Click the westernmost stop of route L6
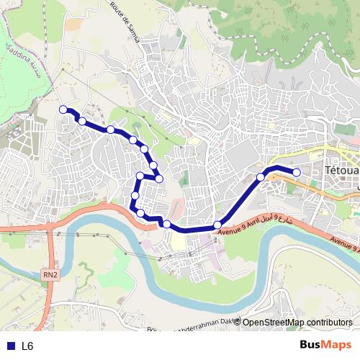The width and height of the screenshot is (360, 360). pyautogui.click(x=63, y=109)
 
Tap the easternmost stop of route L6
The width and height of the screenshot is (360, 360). pyautogui.click(x=296, y=171)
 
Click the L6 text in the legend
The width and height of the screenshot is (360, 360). pyautogui.click(x=27, y=346)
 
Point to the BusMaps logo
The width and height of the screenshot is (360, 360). pyautogui.click(x=325, y=346)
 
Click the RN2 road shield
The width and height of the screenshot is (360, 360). pyautogui.click(x=48, y=274)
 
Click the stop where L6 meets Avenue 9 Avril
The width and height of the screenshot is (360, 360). pyautogui.click(x=217, y=225)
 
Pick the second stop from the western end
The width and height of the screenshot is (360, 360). pyautogui.click(x=83, y=121)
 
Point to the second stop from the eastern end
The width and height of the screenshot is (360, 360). pyautogui.click(x=261, y=176)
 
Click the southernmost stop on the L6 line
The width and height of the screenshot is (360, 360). pyautogui.click(x=167, y=225)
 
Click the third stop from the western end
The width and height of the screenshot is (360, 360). pyautogui.click(x=111, y=130)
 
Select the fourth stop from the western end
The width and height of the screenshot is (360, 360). pyautogui.click(x=133, y=140)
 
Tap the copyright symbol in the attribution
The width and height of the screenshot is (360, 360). pyautogui.click(x=238, y=323)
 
